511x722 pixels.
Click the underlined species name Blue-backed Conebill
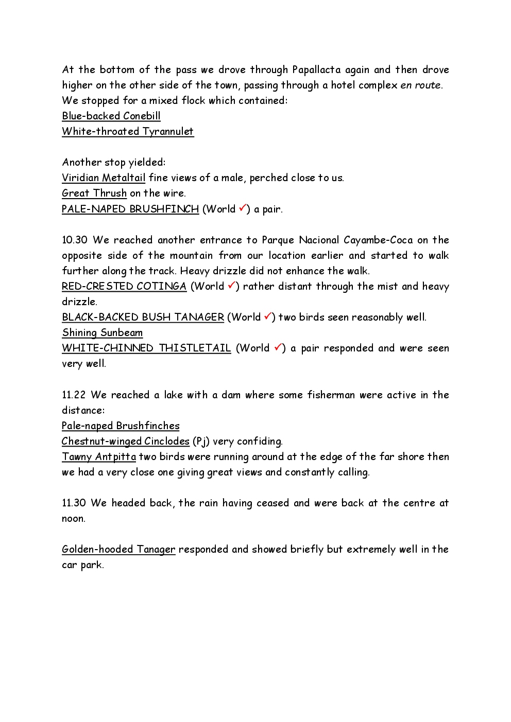coord(111,116)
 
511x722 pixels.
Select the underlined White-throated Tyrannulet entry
coord(128,131)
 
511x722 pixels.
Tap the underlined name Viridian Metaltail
coord(104,178)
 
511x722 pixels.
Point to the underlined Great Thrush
coord(94,193)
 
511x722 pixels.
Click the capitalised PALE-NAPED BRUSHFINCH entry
coord(130,209)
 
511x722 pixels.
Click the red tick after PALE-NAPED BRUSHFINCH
coord(243,208)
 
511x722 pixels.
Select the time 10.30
coord(75,240)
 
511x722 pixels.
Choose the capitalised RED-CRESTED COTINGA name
coord(124,286)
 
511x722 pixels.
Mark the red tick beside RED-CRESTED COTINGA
coord(231,285)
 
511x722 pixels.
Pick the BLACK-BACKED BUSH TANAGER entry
coord(143,317)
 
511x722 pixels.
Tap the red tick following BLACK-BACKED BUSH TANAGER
coord(267,316)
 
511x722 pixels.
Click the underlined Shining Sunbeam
coord(103,332)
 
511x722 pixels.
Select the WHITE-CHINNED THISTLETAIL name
coord(146,348)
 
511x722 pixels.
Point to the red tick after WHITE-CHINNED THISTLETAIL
coord(278,347)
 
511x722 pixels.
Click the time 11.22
coord(74,395)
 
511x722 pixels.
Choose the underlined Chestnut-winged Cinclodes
coord(126,441)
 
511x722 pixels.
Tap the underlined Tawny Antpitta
coord(99,456)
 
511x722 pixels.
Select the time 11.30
coord(74,503)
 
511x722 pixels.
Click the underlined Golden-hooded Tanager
coord(118,549)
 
